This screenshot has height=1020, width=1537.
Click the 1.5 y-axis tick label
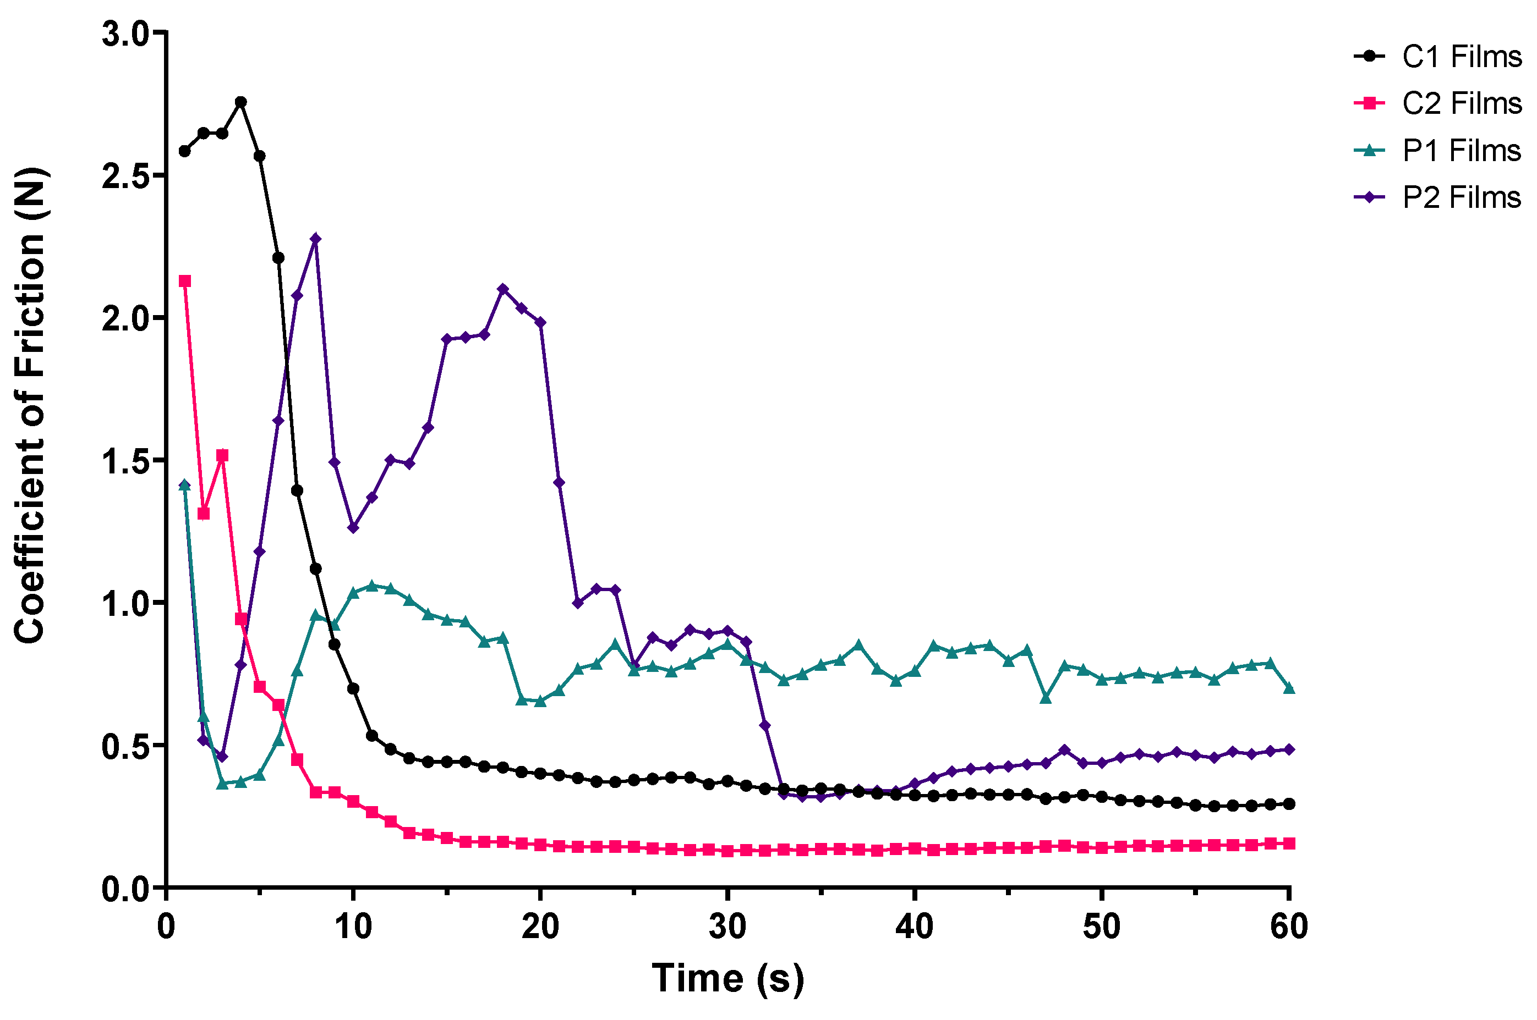[125, 461]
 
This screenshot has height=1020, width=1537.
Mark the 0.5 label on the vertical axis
[125, 746]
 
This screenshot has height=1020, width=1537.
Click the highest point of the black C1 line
[241, 102]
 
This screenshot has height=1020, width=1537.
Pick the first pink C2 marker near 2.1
[185, 281]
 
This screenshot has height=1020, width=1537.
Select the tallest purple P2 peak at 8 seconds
[316, 239]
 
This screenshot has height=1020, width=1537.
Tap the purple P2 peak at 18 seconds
[502, 289]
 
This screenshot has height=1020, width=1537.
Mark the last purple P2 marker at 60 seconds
[1289, 750]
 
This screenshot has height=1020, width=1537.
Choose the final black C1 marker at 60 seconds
[1289, 804]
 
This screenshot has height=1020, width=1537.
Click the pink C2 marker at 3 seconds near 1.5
[222, 455]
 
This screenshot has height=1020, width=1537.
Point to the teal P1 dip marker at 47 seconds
[1046, 698]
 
